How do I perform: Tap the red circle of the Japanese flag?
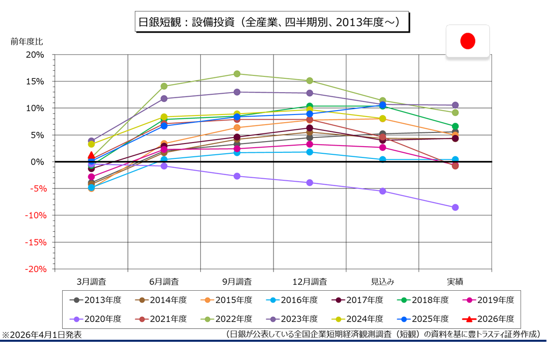pos(468,41)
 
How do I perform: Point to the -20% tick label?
pos(35,269)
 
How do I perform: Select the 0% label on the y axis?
pos(39,162)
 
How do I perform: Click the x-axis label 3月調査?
pos(91,281)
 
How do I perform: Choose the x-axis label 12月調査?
pos(310,281)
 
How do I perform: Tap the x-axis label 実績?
pos(455,281)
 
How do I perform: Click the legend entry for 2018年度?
pos(424,300)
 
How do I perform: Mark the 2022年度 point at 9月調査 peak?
pos(237,74)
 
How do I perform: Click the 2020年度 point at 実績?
pos(455,207)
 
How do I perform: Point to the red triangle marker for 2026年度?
pos(91,155)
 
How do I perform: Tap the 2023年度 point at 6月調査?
pos(164,99)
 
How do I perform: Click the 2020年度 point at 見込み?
pos(382,191)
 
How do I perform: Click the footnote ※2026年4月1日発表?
pos(42,335)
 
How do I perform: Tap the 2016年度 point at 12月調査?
pos(310,152)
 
